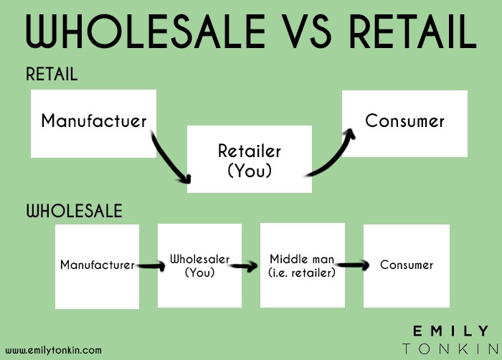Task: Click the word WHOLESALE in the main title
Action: (146, 31)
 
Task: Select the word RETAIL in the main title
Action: (413, 31)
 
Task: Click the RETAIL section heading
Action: (52, 74)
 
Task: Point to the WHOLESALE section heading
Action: (75, 211)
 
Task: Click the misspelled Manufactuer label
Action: (94, 120)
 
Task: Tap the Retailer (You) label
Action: (250, 161)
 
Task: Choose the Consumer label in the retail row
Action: (404, 120)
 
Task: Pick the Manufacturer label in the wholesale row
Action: (98, 265)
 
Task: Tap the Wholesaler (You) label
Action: (200, 265)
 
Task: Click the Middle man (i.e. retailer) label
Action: (302, 265)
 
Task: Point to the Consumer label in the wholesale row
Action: (407, 265)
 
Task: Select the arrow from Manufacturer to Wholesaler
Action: (151, 266)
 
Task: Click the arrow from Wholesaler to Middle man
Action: (244, 266)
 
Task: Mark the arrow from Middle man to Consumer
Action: (353, 265)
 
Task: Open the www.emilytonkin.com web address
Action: (54, 350)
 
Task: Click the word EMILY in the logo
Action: (451, 331)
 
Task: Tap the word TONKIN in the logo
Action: (451, 349)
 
